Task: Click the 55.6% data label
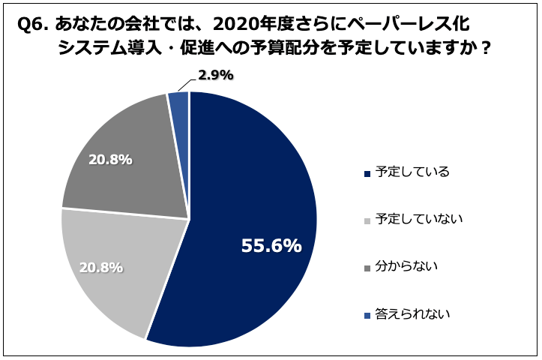271,246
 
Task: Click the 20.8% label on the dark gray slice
110,160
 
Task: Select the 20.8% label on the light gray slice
100,266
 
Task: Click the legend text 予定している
412,172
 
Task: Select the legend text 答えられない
412,313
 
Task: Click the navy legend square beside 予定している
367,173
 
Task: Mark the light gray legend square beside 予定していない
367,220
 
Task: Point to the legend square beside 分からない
367,268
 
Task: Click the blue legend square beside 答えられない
367,315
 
